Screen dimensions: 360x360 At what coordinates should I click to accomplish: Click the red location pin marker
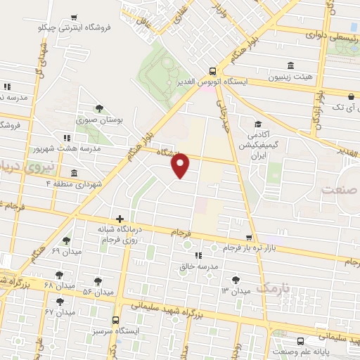point(181,165)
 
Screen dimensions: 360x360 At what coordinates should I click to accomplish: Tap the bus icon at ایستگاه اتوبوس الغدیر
point(212,70)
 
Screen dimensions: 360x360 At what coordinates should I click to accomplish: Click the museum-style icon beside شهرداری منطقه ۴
point(74,172)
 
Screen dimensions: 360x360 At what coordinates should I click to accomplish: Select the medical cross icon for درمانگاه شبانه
point(120,219)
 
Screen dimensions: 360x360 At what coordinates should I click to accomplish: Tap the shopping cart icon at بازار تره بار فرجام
point(248,238)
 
